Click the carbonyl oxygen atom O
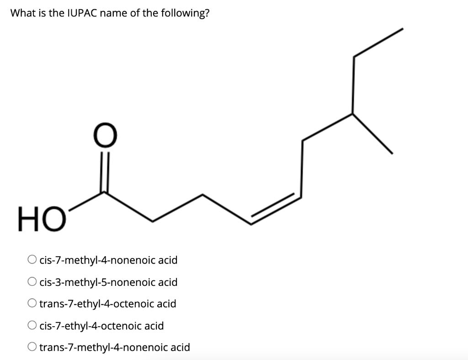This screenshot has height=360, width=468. click(105, 136)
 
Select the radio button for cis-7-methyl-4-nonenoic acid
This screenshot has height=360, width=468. click(32, 260)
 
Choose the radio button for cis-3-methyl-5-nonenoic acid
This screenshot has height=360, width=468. click(32, 282)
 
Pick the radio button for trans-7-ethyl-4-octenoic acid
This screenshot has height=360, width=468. click(32, 304)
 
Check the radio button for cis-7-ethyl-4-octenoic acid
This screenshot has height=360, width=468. click(32, 326)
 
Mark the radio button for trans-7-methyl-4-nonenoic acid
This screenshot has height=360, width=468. click(32, 347)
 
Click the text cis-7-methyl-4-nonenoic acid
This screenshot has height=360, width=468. click(108, 260)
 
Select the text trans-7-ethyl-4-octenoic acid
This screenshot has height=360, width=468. click(107, 304)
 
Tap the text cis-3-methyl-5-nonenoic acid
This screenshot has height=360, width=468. click(108, 282)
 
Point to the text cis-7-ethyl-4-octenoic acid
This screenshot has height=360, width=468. click(101, 326)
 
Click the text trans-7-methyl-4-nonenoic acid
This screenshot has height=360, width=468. click(114, 347)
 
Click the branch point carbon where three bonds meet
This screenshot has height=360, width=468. click(352, 113)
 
